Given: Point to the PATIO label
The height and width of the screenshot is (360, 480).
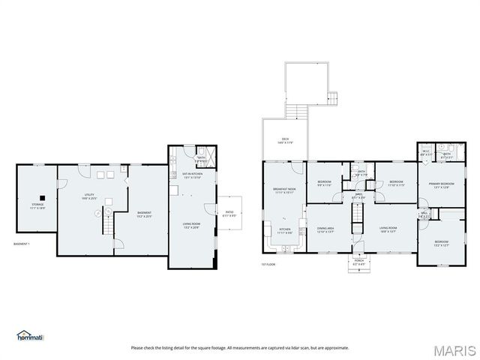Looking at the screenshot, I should click(x=229, y=212).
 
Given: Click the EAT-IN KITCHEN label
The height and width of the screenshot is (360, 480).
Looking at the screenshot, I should click(x=192, y=175).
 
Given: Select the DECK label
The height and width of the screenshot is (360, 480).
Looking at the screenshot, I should click(x=285, y=139).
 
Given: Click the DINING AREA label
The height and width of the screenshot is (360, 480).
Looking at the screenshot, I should click(x=325, y=229).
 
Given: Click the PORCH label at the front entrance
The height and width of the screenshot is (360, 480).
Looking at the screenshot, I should click(x=358, y=261).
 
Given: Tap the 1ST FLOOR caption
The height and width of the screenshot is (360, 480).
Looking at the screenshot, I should click(x=269, y=264).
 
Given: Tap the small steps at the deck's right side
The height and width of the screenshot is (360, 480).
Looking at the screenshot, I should click(x=333, y=97).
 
